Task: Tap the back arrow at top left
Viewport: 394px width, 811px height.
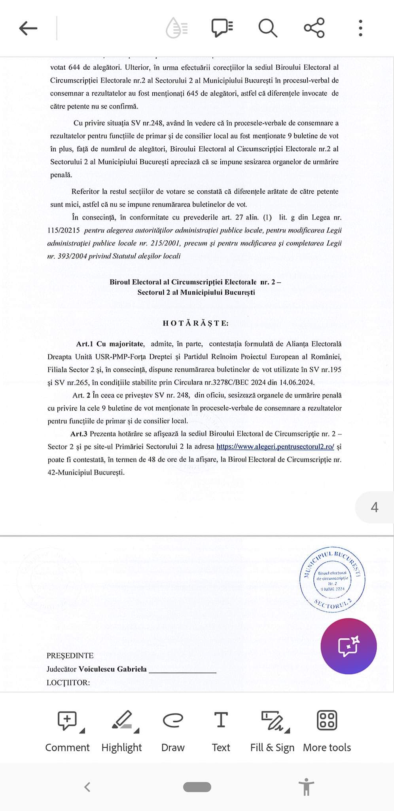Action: coord(28,28)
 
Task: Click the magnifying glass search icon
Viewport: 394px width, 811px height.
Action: coord(268,28)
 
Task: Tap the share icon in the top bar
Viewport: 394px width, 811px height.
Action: coord(314,28)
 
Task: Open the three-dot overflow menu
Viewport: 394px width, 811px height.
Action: coord(360,28)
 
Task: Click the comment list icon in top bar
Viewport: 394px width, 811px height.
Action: coord(222,28)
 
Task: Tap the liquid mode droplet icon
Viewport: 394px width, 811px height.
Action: coord(176,28)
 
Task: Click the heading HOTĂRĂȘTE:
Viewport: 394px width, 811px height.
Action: coord(196,323)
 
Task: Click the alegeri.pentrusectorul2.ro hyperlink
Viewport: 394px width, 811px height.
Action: coord(275,447)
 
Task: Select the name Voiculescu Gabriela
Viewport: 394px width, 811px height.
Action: coord(113,669)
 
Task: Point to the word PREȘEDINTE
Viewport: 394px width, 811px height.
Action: coord(70,656)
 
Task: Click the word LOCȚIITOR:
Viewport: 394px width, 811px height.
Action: coord(68,683)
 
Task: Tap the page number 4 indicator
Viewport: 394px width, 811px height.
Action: coord(374,507)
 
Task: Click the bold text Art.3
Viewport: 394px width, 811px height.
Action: coord(79,434)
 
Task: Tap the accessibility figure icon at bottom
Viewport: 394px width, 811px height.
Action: coord(306,786)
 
